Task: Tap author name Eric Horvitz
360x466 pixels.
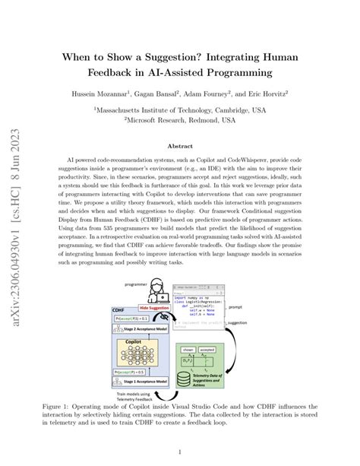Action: (279, 94)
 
